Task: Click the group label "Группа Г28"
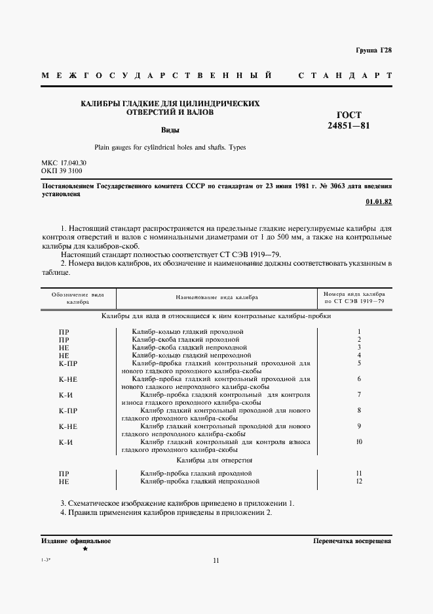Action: point(373,51)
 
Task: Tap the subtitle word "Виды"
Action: point(170,130)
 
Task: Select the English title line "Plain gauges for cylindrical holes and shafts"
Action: point(170,148)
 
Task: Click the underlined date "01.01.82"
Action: point(378,202)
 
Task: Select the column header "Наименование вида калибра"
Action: point(217,297)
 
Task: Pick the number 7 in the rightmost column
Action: point(359,394)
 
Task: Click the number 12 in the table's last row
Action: point(359,481)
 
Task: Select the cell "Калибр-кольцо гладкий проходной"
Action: point(187,331)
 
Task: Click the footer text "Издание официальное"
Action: point(75,541)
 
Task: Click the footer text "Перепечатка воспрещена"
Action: point(352,542)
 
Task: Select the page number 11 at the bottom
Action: point(216,560)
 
